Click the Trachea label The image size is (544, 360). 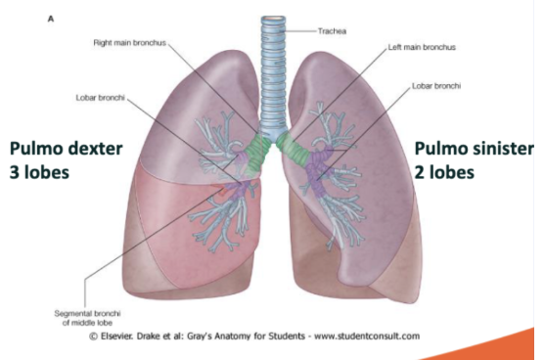[333, 31]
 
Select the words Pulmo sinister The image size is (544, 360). [475, 149]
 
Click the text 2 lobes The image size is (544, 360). [444, 171]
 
